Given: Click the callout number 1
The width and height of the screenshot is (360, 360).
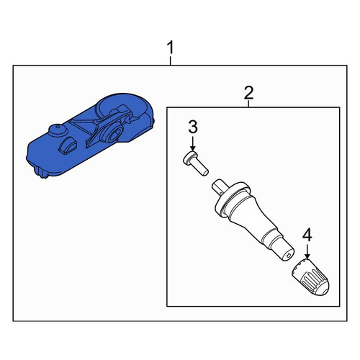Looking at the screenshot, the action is pos(170,48).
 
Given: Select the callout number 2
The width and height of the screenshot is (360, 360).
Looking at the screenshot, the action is pos(248,93).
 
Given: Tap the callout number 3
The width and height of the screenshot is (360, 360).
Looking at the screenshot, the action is pos(193,127).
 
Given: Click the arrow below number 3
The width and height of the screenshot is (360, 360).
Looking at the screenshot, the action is pos(192,143).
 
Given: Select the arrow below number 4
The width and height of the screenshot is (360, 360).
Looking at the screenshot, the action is pos(307,251).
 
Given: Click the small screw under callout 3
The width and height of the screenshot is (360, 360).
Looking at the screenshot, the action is pos(196,163).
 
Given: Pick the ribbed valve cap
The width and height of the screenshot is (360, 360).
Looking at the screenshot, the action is pos(310,277).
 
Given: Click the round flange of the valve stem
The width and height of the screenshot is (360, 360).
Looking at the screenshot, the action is pos(231,199).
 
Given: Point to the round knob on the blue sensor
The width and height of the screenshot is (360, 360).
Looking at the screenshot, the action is pos(58,130).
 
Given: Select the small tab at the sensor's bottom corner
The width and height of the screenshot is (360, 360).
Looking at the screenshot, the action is pos(40,173).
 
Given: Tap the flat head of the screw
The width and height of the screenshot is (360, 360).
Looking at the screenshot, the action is pos(189,158).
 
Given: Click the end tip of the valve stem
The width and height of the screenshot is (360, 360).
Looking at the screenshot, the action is pos(287,254).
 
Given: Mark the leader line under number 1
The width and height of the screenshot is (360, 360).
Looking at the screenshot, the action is pos(170,60).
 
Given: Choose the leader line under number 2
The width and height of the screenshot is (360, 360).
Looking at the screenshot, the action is pos(248,104).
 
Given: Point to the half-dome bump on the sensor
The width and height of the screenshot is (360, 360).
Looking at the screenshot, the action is pos(68,145).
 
